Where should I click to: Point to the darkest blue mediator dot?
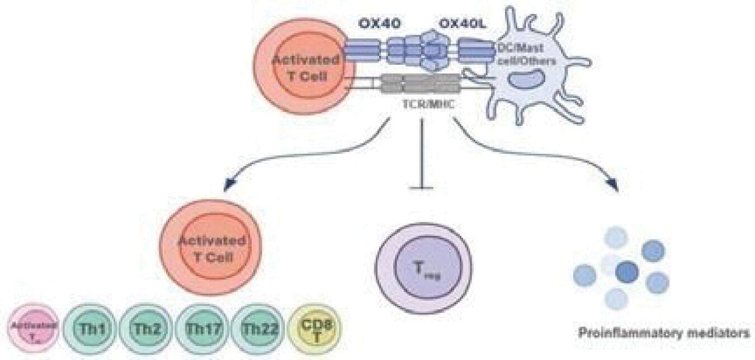pyautogui.click(x=627, y=272)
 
